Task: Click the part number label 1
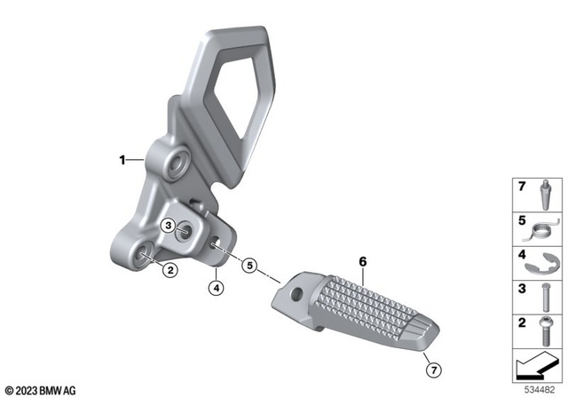(x=122, y=161)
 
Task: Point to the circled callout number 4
(x=214, y=287)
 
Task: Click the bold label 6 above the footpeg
(x=362, y=261)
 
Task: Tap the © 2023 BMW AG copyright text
(x=40, y=389)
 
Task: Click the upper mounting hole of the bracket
(x=172, y=163)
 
